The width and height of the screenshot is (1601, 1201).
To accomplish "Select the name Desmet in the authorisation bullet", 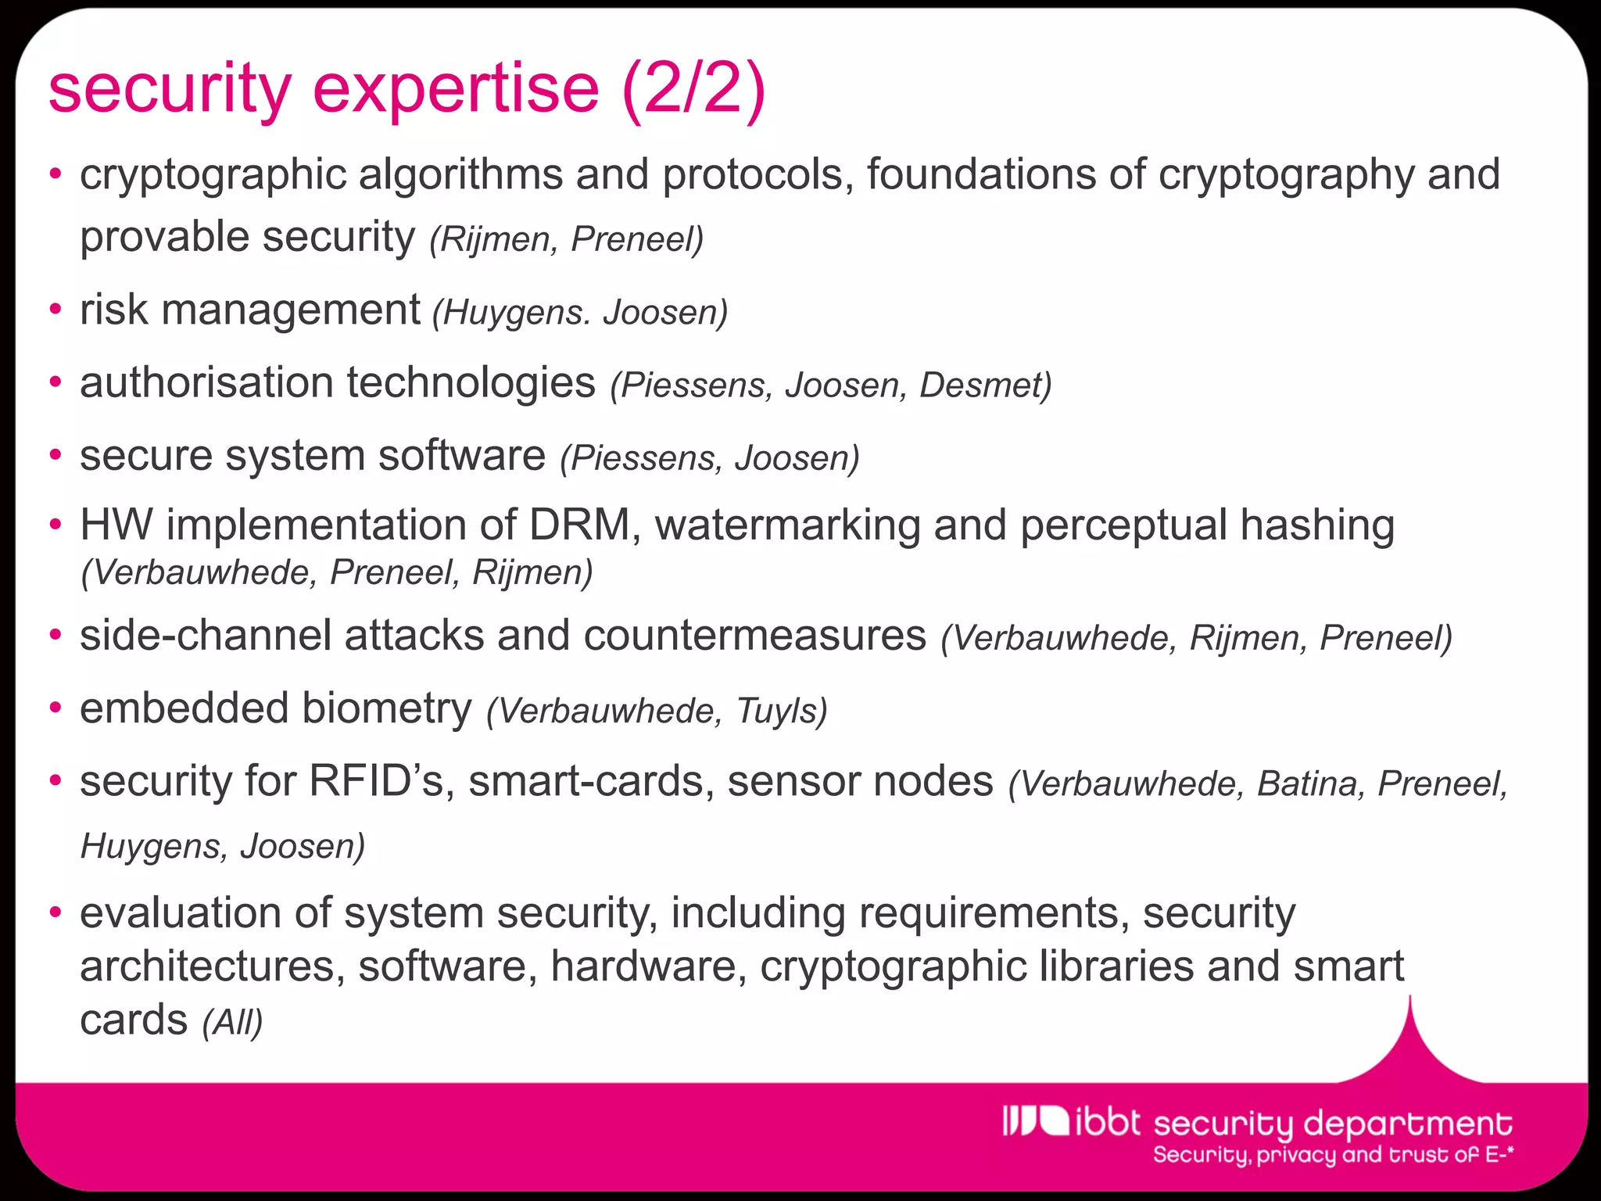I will click(x=984, y=385).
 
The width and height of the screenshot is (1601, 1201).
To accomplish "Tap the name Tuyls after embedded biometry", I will click(x=780, y=711).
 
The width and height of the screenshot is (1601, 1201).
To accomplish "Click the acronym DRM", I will click(x=579, y=525).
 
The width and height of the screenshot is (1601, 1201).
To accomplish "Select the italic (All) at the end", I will click(x=232, y=1022).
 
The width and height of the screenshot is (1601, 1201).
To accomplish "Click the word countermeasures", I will click(x=754, y=635).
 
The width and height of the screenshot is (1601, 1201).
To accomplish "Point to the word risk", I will click(x=114, y=310).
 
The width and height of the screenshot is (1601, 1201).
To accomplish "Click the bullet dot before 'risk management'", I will click(x=55, y=310).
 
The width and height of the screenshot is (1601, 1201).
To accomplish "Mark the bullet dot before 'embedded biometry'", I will click(x=55, y=708).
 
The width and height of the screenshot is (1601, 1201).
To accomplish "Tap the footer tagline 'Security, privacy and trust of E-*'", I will click(x=1333, y=1155).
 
